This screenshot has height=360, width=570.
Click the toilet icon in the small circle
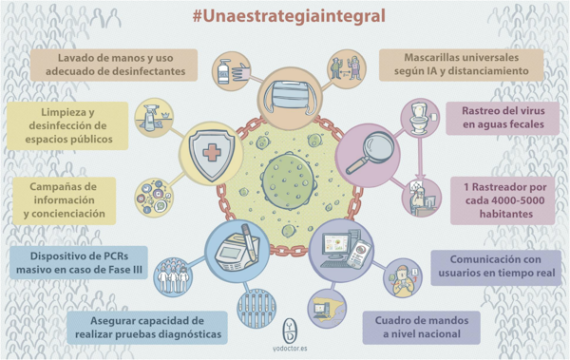coord(418,115)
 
